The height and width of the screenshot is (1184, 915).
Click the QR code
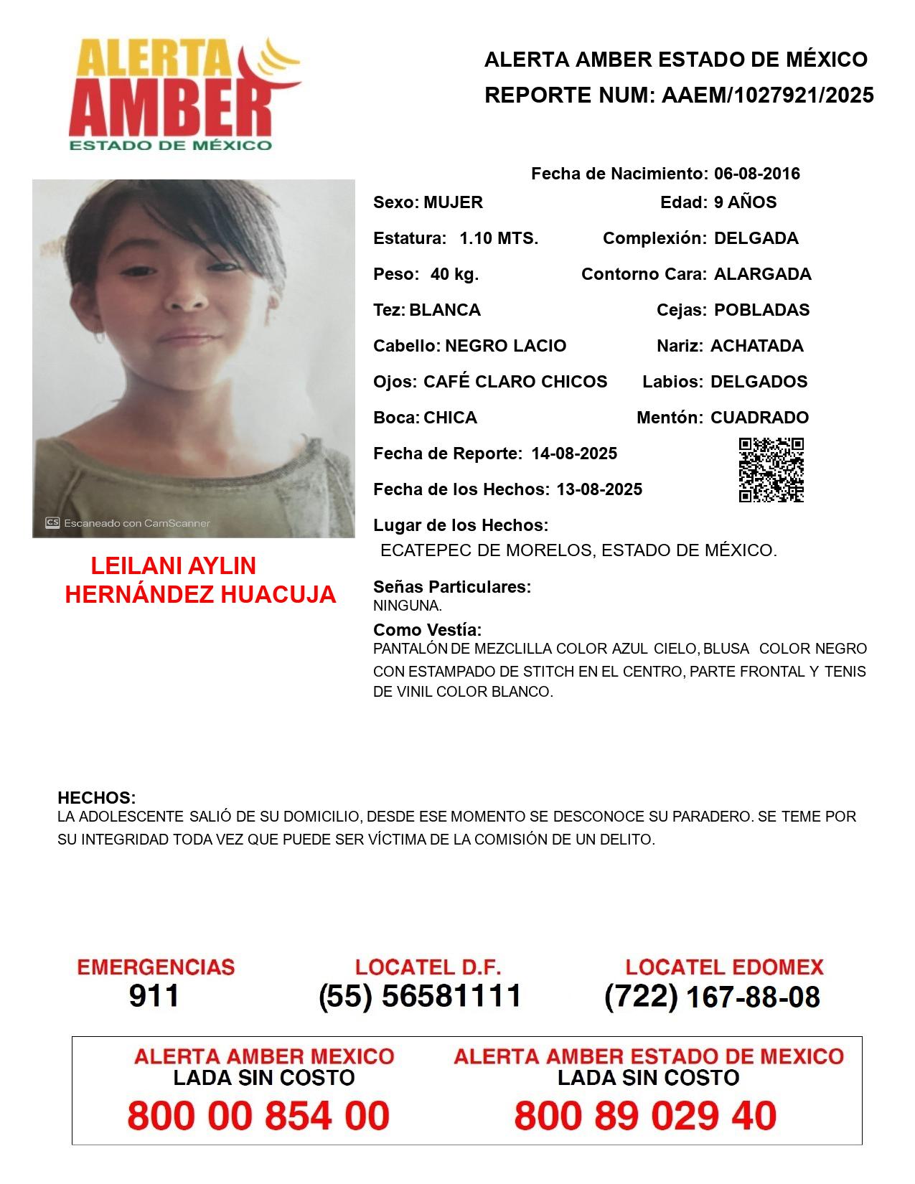[771, 470]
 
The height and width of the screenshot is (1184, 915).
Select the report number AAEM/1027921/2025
[767, 95]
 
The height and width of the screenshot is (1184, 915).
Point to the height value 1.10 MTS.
[499, 238]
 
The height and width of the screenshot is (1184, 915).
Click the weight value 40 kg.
[454, 274]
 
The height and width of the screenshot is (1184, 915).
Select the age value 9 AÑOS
[745, 202]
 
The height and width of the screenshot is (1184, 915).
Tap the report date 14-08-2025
[574, 454]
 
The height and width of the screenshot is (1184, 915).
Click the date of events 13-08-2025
[599, 489]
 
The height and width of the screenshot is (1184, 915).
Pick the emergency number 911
[154, 996]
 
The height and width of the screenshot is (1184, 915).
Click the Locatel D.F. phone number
[420, 996]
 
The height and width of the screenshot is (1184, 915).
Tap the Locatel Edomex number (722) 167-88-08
[712, 997]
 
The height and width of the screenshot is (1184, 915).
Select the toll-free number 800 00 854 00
[258, 1116]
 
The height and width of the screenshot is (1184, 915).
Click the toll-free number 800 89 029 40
[645, 1116]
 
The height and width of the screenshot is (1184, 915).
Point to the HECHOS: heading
[96, 798]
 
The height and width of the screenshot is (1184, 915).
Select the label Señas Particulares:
[452, 587]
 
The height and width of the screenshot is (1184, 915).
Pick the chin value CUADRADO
[759, 418]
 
